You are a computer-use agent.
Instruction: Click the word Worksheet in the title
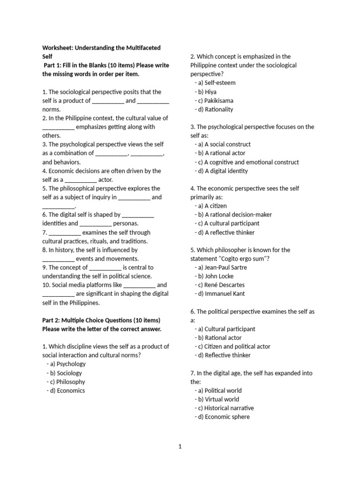point(57,48)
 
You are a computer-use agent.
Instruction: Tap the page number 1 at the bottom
point(180,447)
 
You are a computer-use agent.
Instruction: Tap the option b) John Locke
point(214,277)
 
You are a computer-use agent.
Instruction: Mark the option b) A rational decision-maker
point(233,215)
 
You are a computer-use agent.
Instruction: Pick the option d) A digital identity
point(221,171)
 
